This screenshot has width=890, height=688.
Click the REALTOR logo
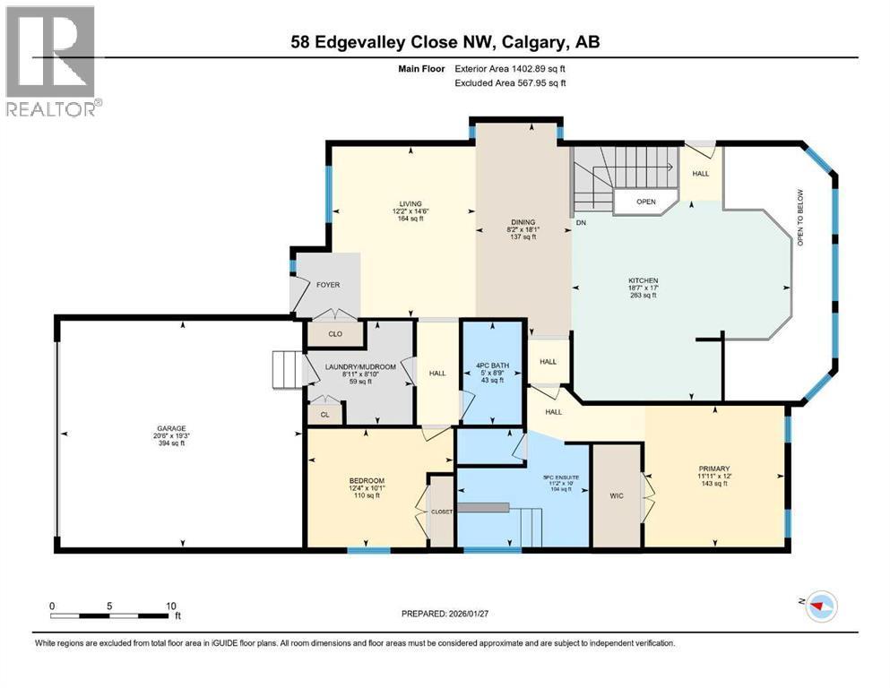(51, 60)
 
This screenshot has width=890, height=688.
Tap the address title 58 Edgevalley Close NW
(445, 41)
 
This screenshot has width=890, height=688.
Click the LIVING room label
(410, 203)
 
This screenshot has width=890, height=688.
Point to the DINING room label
(522, 222)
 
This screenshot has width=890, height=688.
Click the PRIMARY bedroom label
(714, 469)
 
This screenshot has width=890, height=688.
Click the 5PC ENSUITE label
(560, 477)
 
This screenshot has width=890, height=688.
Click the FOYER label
(327, 284)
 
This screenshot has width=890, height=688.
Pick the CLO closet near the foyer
(335, 332)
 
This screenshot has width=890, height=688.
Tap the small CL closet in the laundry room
(323, 414)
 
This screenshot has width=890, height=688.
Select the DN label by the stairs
(581, 222)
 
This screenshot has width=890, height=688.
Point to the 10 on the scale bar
(170, 606)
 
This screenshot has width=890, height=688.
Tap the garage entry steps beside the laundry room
(286, 367)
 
